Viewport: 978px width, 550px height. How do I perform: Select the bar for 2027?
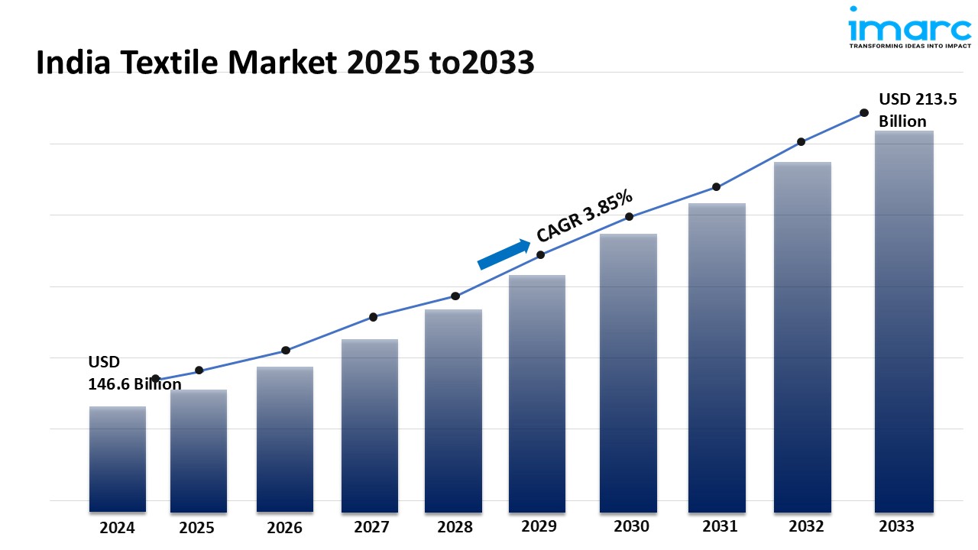[370, 425]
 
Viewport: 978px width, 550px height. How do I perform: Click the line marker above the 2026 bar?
[286, 350]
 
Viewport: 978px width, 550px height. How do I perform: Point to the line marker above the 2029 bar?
[540, 254]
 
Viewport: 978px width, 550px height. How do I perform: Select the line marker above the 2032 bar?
[801, 141]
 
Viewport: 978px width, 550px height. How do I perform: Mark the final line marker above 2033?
[864, 112]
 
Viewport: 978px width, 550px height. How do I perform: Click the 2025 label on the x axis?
[198, 527]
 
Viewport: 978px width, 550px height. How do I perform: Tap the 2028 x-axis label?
[455, 527]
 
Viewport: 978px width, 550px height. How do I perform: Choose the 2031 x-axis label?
[719, 526]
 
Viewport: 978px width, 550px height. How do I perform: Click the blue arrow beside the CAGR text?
[504, 254]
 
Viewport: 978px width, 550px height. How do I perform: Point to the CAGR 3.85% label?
[585, 216]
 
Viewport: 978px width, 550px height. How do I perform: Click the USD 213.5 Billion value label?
[917, 110]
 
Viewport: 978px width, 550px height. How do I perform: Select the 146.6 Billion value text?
[135, 384]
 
